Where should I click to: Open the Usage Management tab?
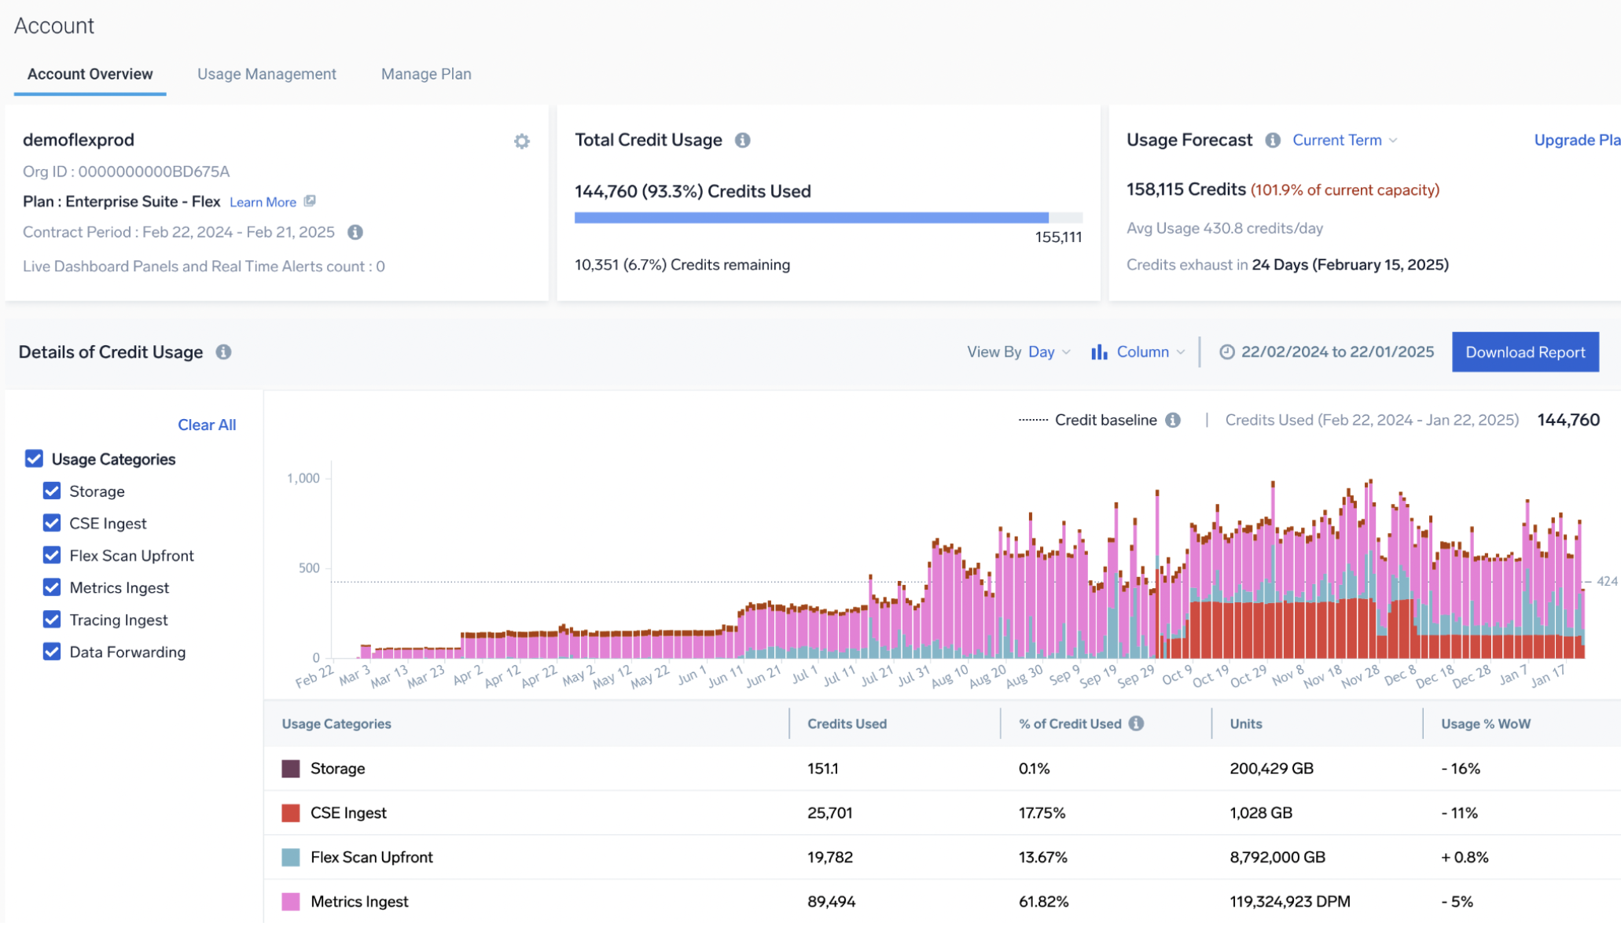click(266, 74)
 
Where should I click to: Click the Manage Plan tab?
click(426, 74)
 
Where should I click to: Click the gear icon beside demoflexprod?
click(522, 142)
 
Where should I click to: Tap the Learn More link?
click(263, 202)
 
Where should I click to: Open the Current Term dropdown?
click(1344, 140)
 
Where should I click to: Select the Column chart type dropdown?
click(1138, 352)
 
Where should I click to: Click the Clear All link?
click(207, 425)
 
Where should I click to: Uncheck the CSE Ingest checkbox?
click(52, 523)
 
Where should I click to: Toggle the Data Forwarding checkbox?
click(52, 652)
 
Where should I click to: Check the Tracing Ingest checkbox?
click(52, 620)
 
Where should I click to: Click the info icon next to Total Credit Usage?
click(742, 140)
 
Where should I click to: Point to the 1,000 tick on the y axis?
click(303, 478)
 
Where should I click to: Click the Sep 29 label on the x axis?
click(1136, 675)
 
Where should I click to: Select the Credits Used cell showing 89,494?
click(831, 902)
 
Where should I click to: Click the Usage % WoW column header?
click(1485, 723)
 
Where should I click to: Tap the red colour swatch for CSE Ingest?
click(291, 813)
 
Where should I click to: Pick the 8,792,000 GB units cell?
click(1277, 857)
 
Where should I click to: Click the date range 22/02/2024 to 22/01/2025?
click(1336, 352)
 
